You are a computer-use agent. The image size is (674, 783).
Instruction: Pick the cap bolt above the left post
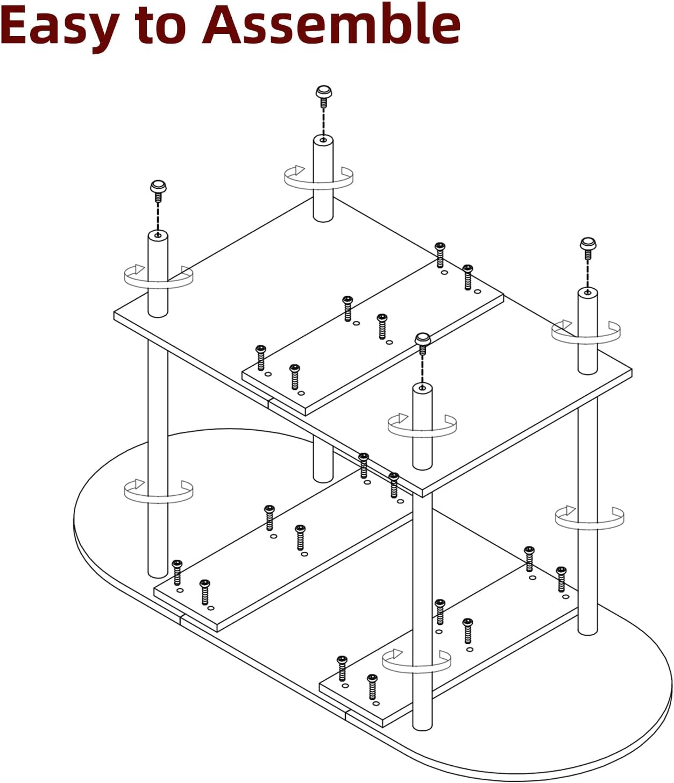point(158,189)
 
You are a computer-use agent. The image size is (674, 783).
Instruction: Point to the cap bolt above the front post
point(423,341)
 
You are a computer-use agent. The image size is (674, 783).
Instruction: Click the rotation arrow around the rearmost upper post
point(318,178)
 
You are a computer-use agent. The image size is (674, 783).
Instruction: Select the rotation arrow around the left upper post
point(158,277)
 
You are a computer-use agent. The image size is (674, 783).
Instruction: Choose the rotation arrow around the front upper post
point(422,425)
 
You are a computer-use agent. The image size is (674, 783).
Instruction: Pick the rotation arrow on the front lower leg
point(416,661)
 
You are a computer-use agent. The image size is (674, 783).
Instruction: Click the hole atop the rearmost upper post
point(323,140)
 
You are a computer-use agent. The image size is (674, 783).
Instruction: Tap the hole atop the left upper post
point(158,235)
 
